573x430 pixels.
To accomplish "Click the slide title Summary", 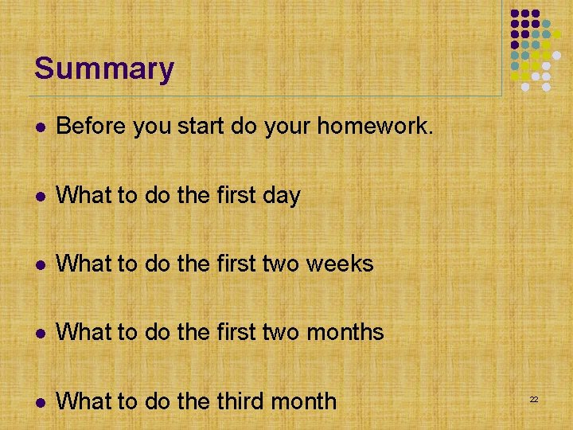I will pyautogui.click(x=103, y=68).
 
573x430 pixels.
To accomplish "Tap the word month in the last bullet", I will pyautogui.click(x=303, y=401).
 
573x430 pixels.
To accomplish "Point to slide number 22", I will pyautogui.click(x=535, y=399).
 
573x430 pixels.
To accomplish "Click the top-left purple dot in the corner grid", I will pyautogui.click(x=515, y=14).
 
